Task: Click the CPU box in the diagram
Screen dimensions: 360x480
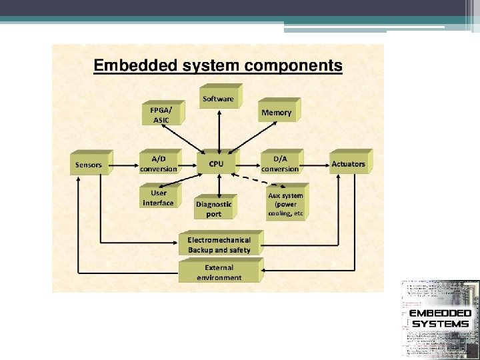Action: point(215,164)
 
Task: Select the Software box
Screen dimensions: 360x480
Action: point(218,99)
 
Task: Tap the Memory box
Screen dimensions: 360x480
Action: point(276,113)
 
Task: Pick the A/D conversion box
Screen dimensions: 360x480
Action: point(159,164)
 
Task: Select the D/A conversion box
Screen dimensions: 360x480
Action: point(280,164)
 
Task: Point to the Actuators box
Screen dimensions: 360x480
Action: point(348,164)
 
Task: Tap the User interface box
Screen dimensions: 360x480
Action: point(158,198)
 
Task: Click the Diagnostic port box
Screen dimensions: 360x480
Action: point(214,209)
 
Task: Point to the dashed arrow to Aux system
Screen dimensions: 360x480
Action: point(250,180)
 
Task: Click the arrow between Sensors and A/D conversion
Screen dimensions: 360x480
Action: point(125,164)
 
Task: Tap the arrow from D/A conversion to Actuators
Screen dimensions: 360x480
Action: point(313,164)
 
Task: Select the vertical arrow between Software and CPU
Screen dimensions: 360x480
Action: point(218,131)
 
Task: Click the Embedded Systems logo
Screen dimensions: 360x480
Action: point(439,319)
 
